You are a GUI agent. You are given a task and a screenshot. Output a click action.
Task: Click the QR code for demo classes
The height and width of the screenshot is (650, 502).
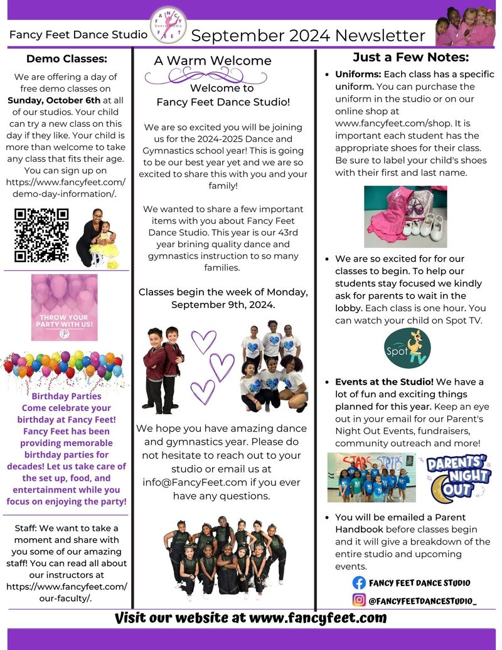41,235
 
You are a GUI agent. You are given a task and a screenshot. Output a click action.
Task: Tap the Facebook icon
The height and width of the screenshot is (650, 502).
359,583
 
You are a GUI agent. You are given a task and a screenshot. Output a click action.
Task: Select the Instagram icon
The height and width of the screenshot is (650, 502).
359,600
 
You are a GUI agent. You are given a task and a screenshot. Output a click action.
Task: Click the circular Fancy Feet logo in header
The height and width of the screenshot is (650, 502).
168,25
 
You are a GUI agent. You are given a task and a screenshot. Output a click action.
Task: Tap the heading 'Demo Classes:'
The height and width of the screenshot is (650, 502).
67,59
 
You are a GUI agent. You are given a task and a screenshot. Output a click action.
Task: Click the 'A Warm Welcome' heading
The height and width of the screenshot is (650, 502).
213,61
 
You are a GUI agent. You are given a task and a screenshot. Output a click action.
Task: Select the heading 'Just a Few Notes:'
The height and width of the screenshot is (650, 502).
411,58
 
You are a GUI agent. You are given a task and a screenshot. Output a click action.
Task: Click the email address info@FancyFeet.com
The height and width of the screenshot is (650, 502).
203,484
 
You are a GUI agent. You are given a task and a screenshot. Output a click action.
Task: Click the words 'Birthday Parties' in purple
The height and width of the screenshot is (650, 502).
66,396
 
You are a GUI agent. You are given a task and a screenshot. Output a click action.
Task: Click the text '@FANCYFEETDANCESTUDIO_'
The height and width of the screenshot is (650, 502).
422,601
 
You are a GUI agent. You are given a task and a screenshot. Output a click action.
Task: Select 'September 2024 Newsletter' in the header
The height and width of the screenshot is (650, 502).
308,35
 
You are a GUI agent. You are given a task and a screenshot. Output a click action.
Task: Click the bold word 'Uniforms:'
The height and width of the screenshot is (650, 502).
358,75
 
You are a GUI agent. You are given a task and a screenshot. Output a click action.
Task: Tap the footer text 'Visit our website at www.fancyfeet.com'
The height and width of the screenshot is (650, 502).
250,618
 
